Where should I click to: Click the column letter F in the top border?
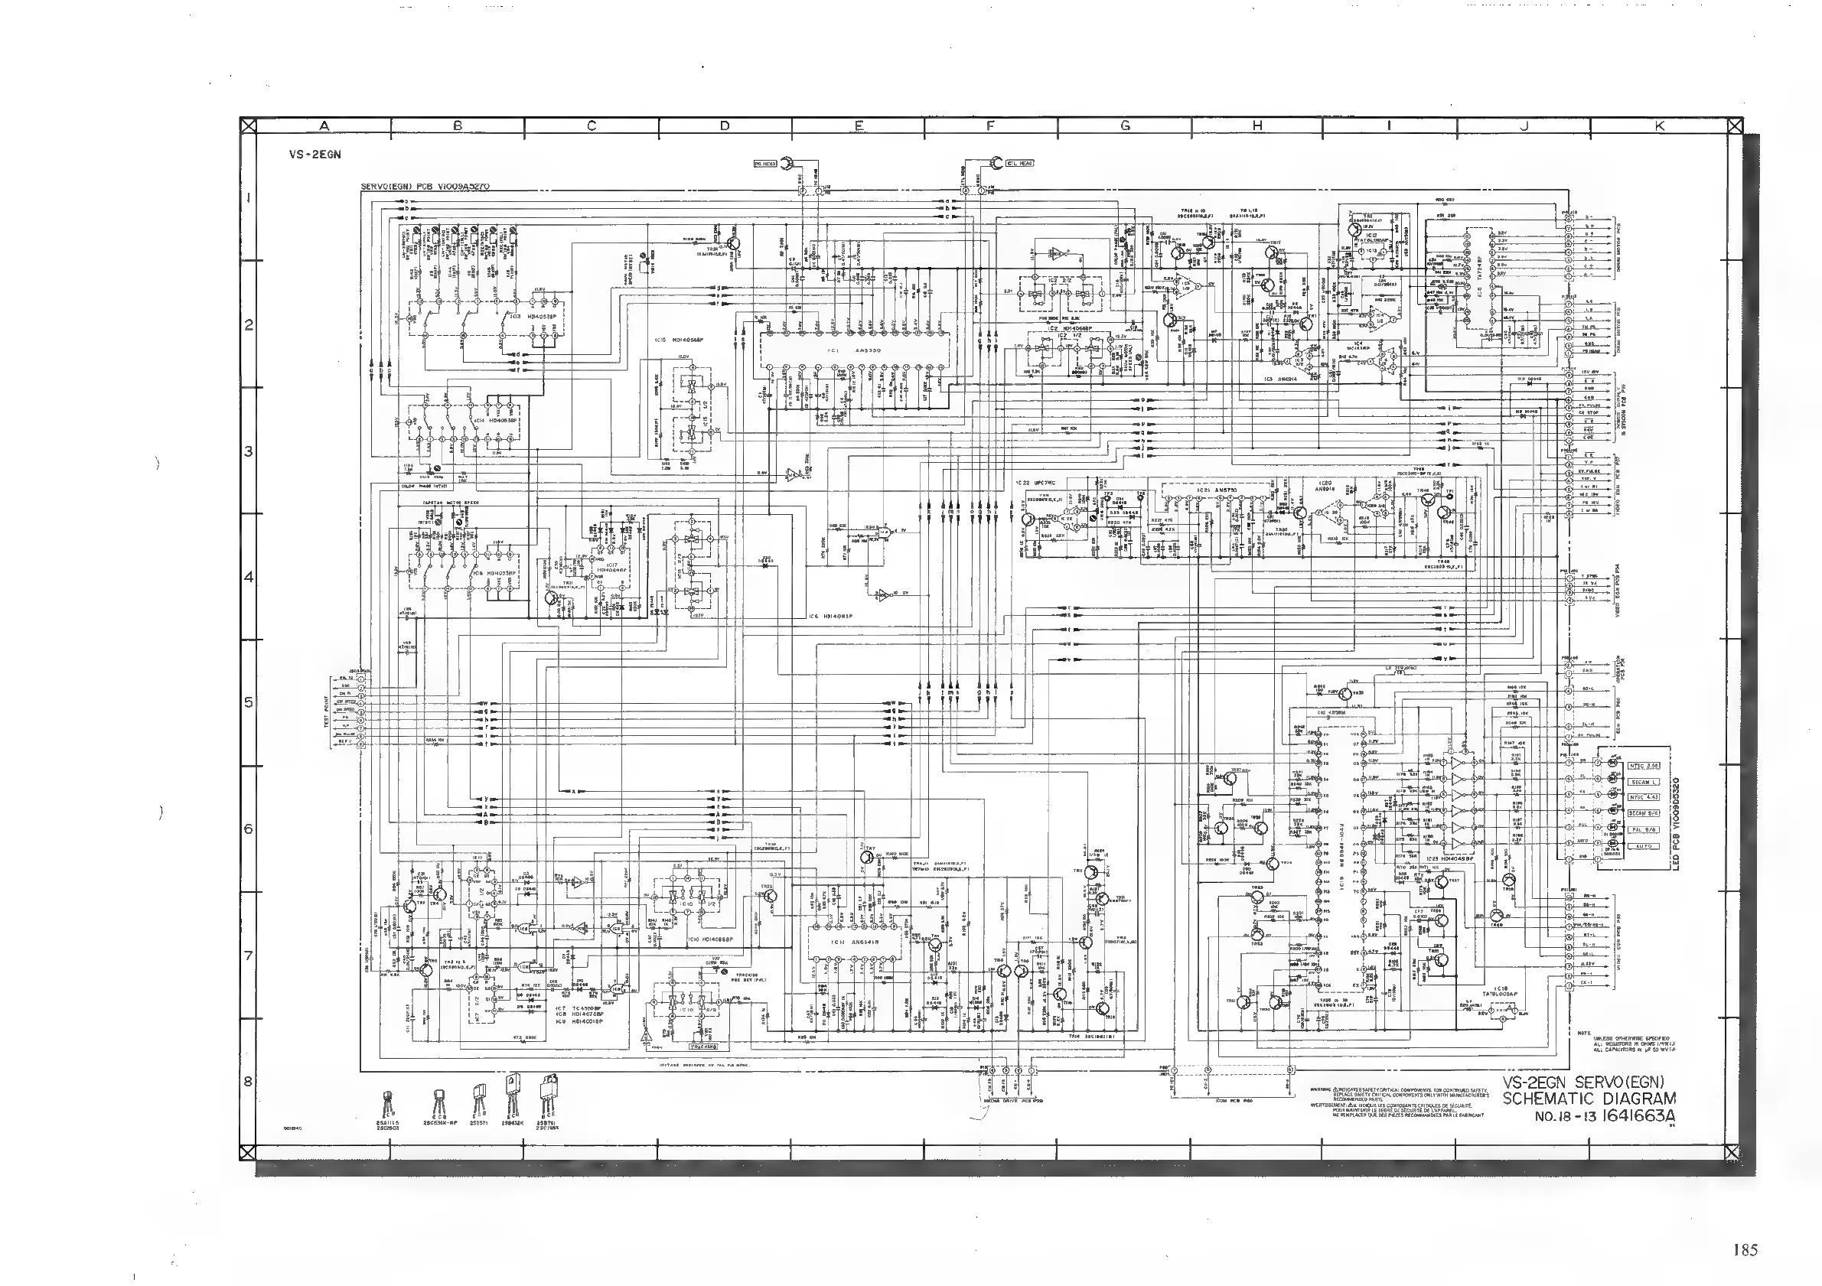tap(990, 125)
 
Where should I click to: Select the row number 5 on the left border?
tap(249, 702)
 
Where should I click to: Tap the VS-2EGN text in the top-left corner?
tap(315, 155)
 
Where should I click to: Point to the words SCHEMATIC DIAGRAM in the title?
tap(1589, 1099)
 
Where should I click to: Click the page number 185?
tap(1745, 1250)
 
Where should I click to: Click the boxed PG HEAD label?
tap(765, 164)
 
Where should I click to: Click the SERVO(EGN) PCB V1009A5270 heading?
tap(425, 187)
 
